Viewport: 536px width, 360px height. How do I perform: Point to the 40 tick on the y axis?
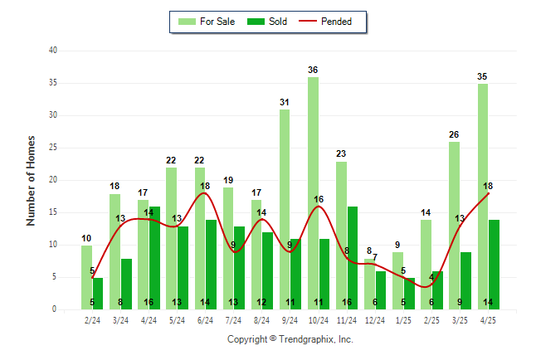[53, 51]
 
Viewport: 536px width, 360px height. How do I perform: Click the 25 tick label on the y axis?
[53, 148]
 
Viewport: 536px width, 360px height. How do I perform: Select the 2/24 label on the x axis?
[92, 319]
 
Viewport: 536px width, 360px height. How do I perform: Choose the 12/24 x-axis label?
[375, 319]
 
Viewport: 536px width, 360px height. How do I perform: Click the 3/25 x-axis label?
[460, 319]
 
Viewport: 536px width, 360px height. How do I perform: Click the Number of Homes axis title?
[31, 180]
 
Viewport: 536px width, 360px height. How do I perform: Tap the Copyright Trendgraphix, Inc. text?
[290, 339]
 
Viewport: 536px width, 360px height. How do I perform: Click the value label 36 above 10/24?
[313, 71]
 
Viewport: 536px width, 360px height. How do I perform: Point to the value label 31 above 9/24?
[285, 103]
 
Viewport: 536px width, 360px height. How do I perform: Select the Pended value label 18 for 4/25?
[488, 187]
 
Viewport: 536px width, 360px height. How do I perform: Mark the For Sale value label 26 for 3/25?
[454, 135]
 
